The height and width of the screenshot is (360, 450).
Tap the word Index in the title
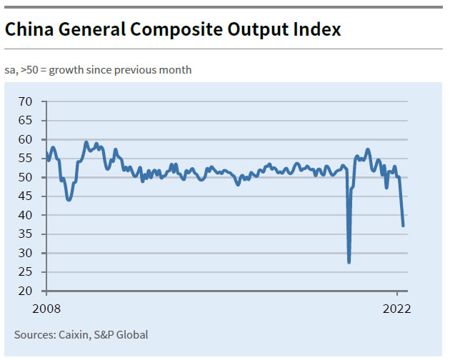[x=316, y=30]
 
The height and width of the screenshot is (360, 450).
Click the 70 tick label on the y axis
[x=26, y=101]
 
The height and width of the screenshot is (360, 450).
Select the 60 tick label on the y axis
[x=26, y=139]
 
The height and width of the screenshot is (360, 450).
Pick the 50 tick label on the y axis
[x=26, y=177]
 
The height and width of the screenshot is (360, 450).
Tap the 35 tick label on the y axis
[x=26, y=253]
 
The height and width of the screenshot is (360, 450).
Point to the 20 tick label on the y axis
[x=26, y=291]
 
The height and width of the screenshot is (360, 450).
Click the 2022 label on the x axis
[x=397, y=309]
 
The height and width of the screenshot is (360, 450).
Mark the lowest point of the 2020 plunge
[x=349, y=262]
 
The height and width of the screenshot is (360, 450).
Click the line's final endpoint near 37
[x=404, y=226]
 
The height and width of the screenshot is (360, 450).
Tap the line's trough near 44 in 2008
[x=69, y=199]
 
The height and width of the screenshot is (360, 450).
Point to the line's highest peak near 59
[x=86, y=142]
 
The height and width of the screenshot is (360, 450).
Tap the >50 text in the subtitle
[x=28, y=70]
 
